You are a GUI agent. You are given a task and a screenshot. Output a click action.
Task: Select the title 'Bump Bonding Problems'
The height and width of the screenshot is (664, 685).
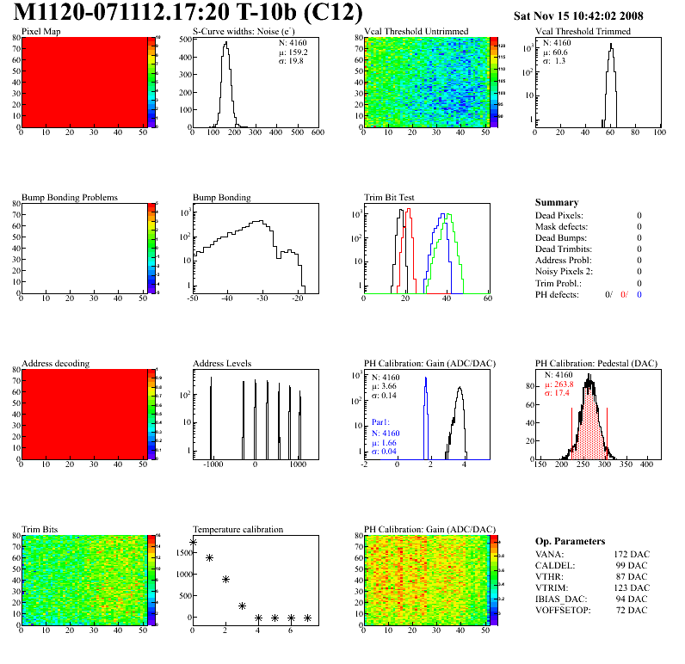coord(69,197)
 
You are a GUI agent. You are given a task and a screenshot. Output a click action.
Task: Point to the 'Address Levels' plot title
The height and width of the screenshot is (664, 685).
coord(222,364)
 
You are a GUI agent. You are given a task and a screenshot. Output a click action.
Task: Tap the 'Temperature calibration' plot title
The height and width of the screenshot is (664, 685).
coord(238,530)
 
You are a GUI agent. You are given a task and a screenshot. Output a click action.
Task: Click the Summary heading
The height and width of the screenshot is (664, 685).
coord(557,202)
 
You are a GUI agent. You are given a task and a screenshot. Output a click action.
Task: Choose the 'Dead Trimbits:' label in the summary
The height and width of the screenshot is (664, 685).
coord(563,249)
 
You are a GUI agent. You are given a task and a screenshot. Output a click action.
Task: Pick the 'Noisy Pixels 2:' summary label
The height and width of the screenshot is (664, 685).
coord(564,271)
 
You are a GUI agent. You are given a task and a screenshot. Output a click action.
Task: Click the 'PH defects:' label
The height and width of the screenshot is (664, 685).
coord(558,294)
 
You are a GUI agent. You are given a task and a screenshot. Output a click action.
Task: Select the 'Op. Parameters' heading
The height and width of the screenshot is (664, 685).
coord(569,541)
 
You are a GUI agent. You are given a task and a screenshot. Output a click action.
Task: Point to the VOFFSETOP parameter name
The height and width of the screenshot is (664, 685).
coord(565,609)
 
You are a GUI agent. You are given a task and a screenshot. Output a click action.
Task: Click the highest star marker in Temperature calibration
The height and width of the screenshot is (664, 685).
coord(193,543)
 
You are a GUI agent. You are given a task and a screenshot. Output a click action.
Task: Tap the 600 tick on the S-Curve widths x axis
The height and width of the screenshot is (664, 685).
coord(317,133)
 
